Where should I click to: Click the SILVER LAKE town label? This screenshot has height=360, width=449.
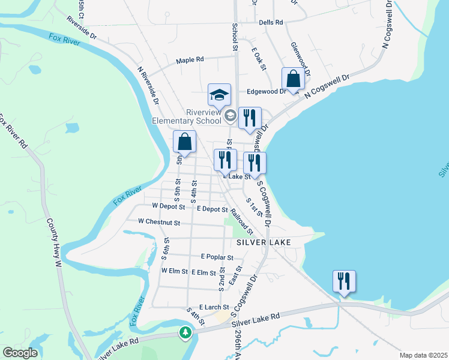click(264, 242)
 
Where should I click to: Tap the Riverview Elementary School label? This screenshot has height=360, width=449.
click(187, 116)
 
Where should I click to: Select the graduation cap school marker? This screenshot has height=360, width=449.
click(219, 94)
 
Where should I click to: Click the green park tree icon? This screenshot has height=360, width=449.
click(185, 332)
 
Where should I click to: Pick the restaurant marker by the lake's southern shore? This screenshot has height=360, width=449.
click(344, 281)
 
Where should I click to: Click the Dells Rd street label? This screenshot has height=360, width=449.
click(271, 22)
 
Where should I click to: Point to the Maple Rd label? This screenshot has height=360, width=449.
click(190, 60)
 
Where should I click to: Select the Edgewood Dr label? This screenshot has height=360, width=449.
click(267, 92)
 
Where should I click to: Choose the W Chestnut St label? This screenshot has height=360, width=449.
click(159, 222)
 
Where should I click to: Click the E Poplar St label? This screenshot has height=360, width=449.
click(217, 257)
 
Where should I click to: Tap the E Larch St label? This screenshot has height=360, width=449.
click(214, 307)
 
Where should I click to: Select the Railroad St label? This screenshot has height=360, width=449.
click(242, 221)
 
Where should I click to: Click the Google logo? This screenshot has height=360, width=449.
click(20, 353)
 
